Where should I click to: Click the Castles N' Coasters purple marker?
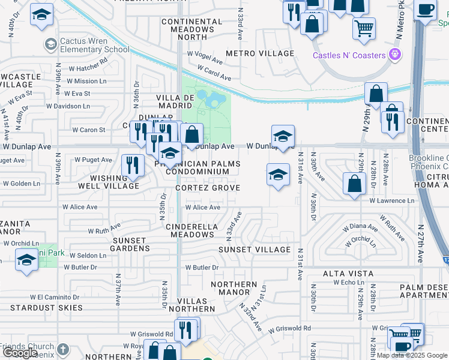(394, 55)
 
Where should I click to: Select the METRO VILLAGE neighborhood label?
(260, 53)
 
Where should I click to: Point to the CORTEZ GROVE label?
(208, 188)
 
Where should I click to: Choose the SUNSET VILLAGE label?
(254, 249)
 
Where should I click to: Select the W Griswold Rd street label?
(289, 329)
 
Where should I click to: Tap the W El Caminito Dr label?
(58, 296)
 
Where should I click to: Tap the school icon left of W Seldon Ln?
(26, 260)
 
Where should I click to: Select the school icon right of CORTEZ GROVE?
(277, 175)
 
